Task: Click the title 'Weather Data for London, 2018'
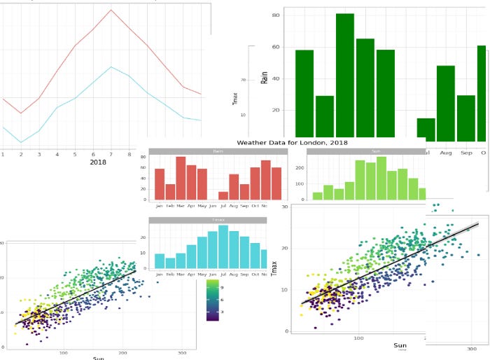pyautogui.click(x=292, y=142)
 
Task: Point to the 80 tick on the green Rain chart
pyautogui.click(x=276, y=15)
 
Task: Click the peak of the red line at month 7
pyautogui.click(x=111, y=10)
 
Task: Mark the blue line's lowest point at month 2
pyautogui.click(x=20, y=143)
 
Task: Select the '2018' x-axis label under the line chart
pyautogui.click(x=98, y=162)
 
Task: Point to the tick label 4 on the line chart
pyautogui.click(x=57, y=154)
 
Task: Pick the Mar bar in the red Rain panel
pyautogui.click(x=181, y=178)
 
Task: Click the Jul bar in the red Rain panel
pyautogui.click(x=223, y=195)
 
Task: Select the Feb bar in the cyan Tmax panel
pyautogui.click(x=170, y=263)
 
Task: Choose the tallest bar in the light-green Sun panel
pyautogui.click(x=381, y=179)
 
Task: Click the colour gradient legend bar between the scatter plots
pyautogui.click(x=213, y=300)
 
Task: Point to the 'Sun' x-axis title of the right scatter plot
pyautogui.click(x=400, y=345)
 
